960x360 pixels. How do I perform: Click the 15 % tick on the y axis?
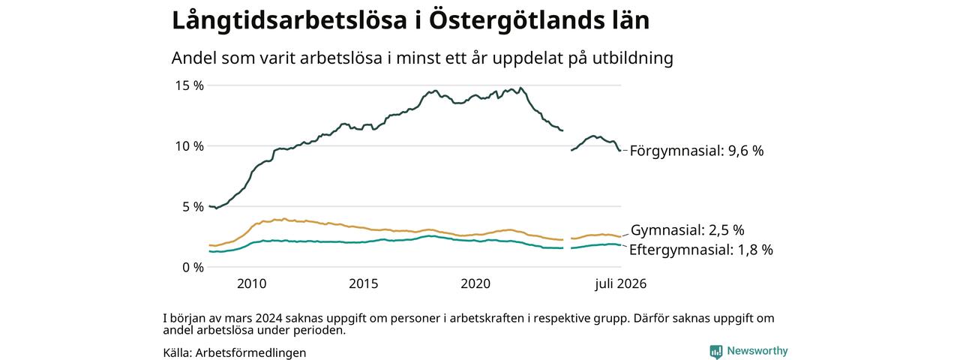pos(189,85)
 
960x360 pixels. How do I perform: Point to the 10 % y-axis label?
pos(189,146)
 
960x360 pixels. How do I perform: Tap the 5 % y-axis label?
pos(192,207)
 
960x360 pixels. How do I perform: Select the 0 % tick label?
pos(193,268)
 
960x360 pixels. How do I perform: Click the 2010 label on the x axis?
pos(251,283)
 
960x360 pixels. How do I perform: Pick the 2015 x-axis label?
pos(364,283)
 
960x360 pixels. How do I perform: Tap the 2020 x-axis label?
pos(475,283)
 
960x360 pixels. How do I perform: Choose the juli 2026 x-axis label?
pos(620,283)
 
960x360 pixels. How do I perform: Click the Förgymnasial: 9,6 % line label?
pos(697,151)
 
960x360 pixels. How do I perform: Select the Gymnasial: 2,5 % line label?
pos(688,230)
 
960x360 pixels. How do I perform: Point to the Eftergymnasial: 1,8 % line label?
pos(701,250)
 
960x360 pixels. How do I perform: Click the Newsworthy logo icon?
pos(715,352)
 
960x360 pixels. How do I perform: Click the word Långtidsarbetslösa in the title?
pos(289,20)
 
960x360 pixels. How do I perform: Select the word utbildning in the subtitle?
pos(633,58)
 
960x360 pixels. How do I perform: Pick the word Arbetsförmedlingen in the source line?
pos(250,352)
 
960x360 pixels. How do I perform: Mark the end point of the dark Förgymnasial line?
pos(620,151)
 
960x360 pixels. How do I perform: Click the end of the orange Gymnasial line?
pos(620,236)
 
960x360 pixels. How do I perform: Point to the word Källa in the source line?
pos(178,352)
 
